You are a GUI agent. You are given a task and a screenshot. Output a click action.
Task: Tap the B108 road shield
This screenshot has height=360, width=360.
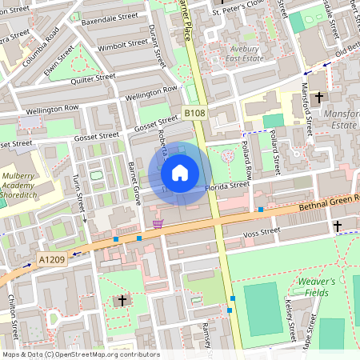pos(194,114)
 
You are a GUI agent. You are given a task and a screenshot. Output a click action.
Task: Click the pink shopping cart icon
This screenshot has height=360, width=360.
pos(158,224)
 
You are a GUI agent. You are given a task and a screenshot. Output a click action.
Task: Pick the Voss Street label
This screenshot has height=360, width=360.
pos(261,232)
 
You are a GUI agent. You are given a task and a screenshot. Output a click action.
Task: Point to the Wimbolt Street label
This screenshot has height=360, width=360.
pos(118,47)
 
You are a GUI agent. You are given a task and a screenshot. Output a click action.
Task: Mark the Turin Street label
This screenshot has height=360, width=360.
pos(78,191)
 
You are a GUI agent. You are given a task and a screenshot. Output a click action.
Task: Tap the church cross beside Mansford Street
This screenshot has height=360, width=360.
pos(319,98)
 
